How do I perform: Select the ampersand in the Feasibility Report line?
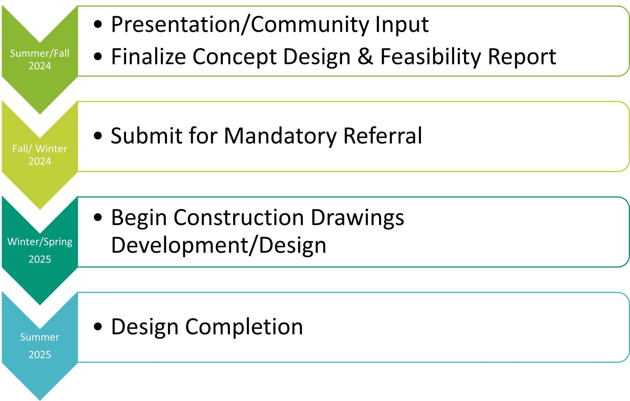(x=365, y=57)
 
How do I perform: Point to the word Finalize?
(x=148, y=56)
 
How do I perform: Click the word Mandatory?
(x=280, y=136)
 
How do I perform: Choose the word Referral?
(x=383, y=136)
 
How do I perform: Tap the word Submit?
(x=146, y=136)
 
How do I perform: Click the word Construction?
(x=239, y=217)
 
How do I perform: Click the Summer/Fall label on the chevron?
(x=40, y=53)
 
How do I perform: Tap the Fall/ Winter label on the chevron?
(x=40, y=149)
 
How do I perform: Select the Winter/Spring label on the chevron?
(x=40, y=242)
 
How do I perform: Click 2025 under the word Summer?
(x=40, y=355)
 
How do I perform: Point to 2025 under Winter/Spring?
(x=40, y=259)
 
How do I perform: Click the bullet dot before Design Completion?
(x=98, y=327)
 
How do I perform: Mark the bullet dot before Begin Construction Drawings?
(x=98, y=217)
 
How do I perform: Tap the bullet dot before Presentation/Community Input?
(x=98, y=24)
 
